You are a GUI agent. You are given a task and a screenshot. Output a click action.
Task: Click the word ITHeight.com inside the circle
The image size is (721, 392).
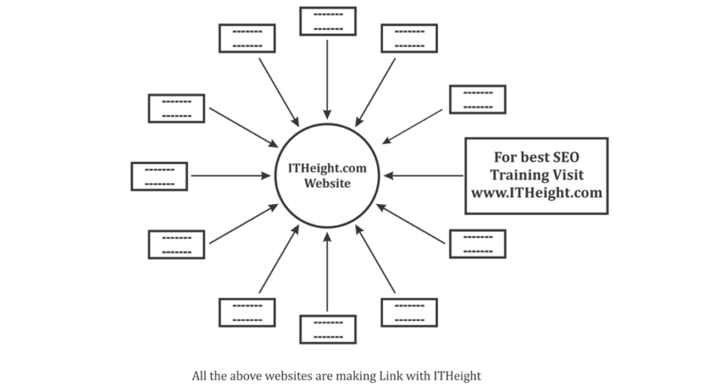point(327,169)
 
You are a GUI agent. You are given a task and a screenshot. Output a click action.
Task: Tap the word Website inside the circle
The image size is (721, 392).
point(327,184)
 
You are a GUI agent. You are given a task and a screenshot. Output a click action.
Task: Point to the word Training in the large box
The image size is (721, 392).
point(518,175)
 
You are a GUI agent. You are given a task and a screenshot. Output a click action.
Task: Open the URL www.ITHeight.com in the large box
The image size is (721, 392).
point(537,192)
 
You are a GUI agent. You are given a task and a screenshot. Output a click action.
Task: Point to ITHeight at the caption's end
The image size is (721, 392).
point(456,376)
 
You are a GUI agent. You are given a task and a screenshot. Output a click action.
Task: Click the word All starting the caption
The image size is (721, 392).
point(200,376)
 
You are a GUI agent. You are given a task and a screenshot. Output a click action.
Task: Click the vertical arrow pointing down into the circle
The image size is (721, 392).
point(327,77)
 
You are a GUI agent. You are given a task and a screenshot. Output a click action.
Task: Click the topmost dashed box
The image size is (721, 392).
point(328,20)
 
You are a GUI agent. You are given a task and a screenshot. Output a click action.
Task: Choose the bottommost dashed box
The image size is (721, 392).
point(328,329)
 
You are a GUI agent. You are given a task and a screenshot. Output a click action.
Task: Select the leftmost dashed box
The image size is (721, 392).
point(159,176)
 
